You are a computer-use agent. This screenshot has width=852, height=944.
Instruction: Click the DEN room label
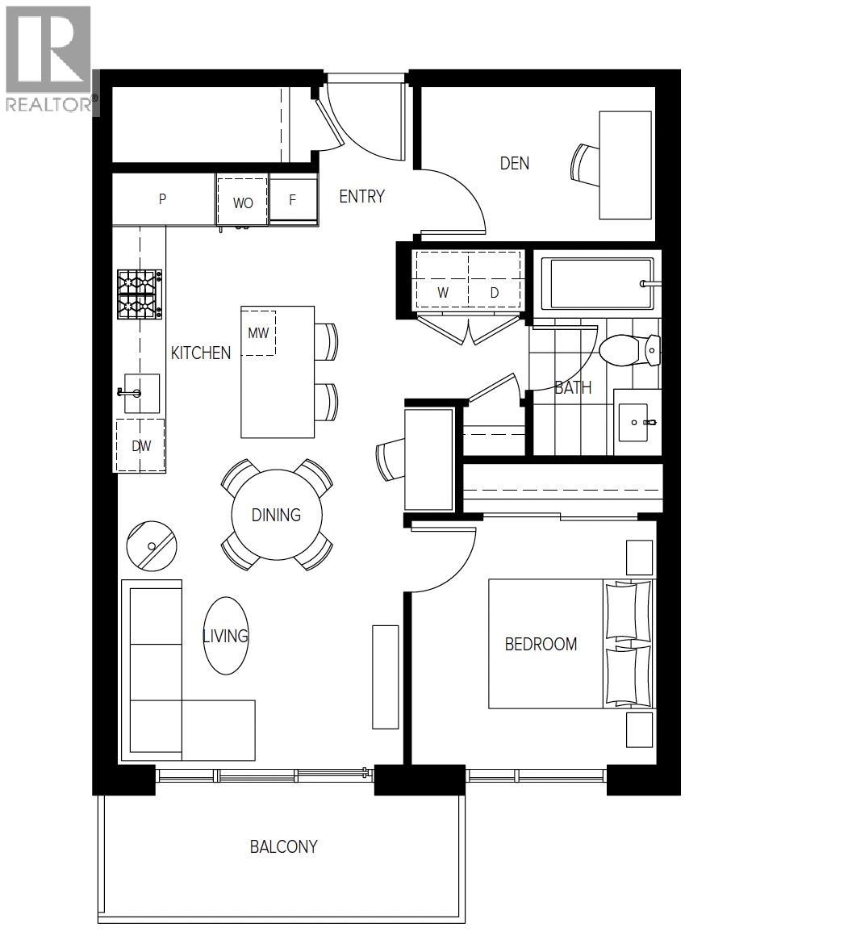pyautogui.click(x=515, y=163)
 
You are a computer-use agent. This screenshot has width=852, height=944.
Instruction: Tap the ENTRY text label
pyautogui.click(x=361, y=196)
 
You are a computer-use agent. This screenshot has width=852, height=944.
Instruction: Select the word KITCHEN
pyautogui.click(x=201, y=353)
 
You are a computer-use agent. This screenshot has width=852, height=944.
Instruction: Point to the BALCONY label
pyautogui.click(x=283, y=846)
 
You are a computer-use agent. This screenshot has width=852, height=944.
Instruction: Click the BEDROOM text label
pyautogui.click(x=541, y=644)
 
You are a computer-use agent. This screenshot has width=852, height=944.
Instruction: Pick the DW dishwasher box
pyautogui.click(x=141, y=445)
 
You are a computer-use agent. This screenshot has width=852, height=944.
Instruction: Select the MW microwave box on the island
pyautogui.click(x=258, y=332)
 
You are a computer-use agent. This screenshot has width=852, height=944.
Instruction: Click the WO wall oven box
pyautogui.click(x=243, y=203)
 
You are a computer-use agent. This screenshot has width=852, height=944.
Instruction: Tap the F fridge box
pyautogui.click(x=293, y=200)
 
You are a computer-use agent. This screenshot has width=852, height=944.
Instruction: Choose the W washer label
pyautogui.click(x=443, y=293)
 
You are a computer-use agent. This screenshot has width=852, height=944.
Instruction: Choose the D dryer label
pyautogui.click(x=495, y=293)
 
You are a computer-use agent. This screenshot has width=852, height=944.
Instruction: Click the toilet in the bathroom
pyautogui.click(x=630, y=349)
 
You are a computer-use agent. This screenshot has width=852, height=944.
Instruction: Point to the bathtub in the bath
pyautogui.click(x=597, y=284)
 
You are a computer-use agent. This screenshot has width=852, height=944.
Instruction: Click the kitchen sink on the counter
pyautogui.click(x=140, y=393)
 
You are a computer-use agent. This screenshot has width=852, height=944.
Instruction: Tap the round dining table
pyautogui.click(x=276, y=515)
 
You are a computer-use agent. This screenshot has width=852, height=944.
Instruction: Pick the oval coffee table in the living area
pyautogui.click(x=225, y=636)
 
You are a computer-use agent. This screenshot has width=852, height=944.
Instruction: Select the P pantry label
pyautogui.click(x=162, y=199)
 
